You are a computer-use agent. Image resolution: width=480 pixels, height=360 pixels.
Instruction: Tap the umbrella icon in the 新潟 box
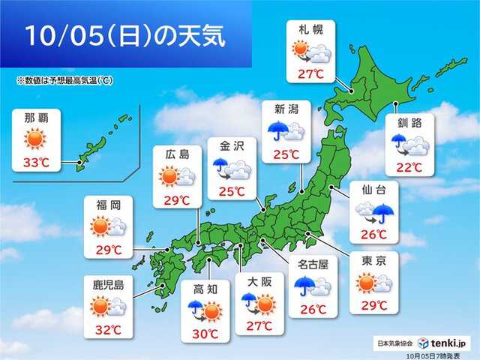277,131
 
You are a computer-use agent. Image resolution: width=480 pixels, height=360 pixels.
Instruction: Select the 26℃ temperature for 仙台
373,235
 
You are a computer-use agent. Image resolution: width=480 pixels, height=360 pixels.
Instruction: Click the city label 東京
373,259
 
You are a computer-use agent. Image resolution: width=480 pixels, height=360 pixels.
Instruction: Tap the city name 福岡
104,202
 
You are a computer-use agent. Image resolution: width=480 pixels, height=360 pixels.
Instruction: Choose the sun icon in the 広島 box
166,177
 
